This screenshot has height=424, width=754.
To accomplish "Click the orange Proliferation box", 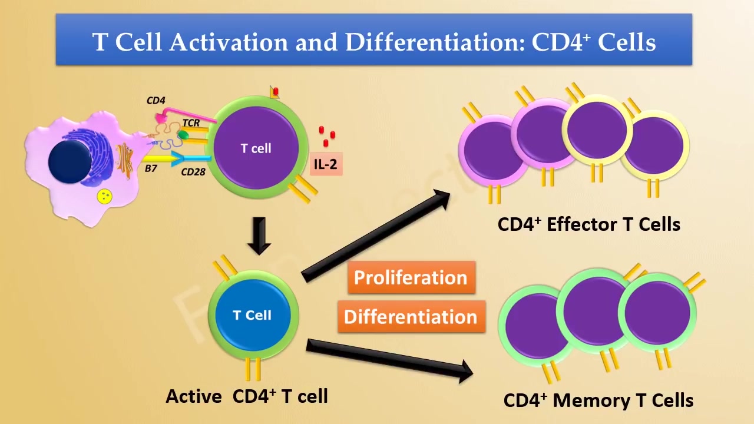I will (411, 277).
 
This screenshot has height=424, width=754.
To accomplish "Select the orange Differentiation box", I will (411, 317).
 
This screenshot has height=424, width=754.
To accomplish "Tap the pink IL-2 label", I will (325, 164).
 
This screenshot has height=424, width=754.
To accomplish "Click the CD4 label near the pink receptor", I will (156, 101).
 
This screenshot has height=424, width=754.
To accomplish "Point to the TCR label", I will (191, 123).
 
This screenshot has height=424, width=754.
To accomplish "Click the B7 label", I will (151, 168).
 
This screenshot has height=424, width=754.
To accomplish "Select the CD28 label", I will (193, 172).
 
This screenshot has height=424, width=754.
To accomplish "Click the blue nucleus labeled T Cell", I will (253, 316).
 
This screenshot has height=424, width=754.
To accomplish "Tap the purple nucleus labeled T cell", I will (256, 148).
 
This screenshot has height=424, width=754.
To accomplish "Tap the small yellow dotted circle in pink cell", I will (105, 196).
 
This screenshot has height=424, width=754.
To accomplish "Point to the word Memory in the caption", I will (591, 400).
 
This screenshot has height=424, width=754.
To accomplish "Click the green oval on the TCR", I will (183, 136).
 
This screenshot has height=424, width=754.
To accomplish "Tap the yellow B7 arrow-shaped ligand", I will (159, 158).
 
